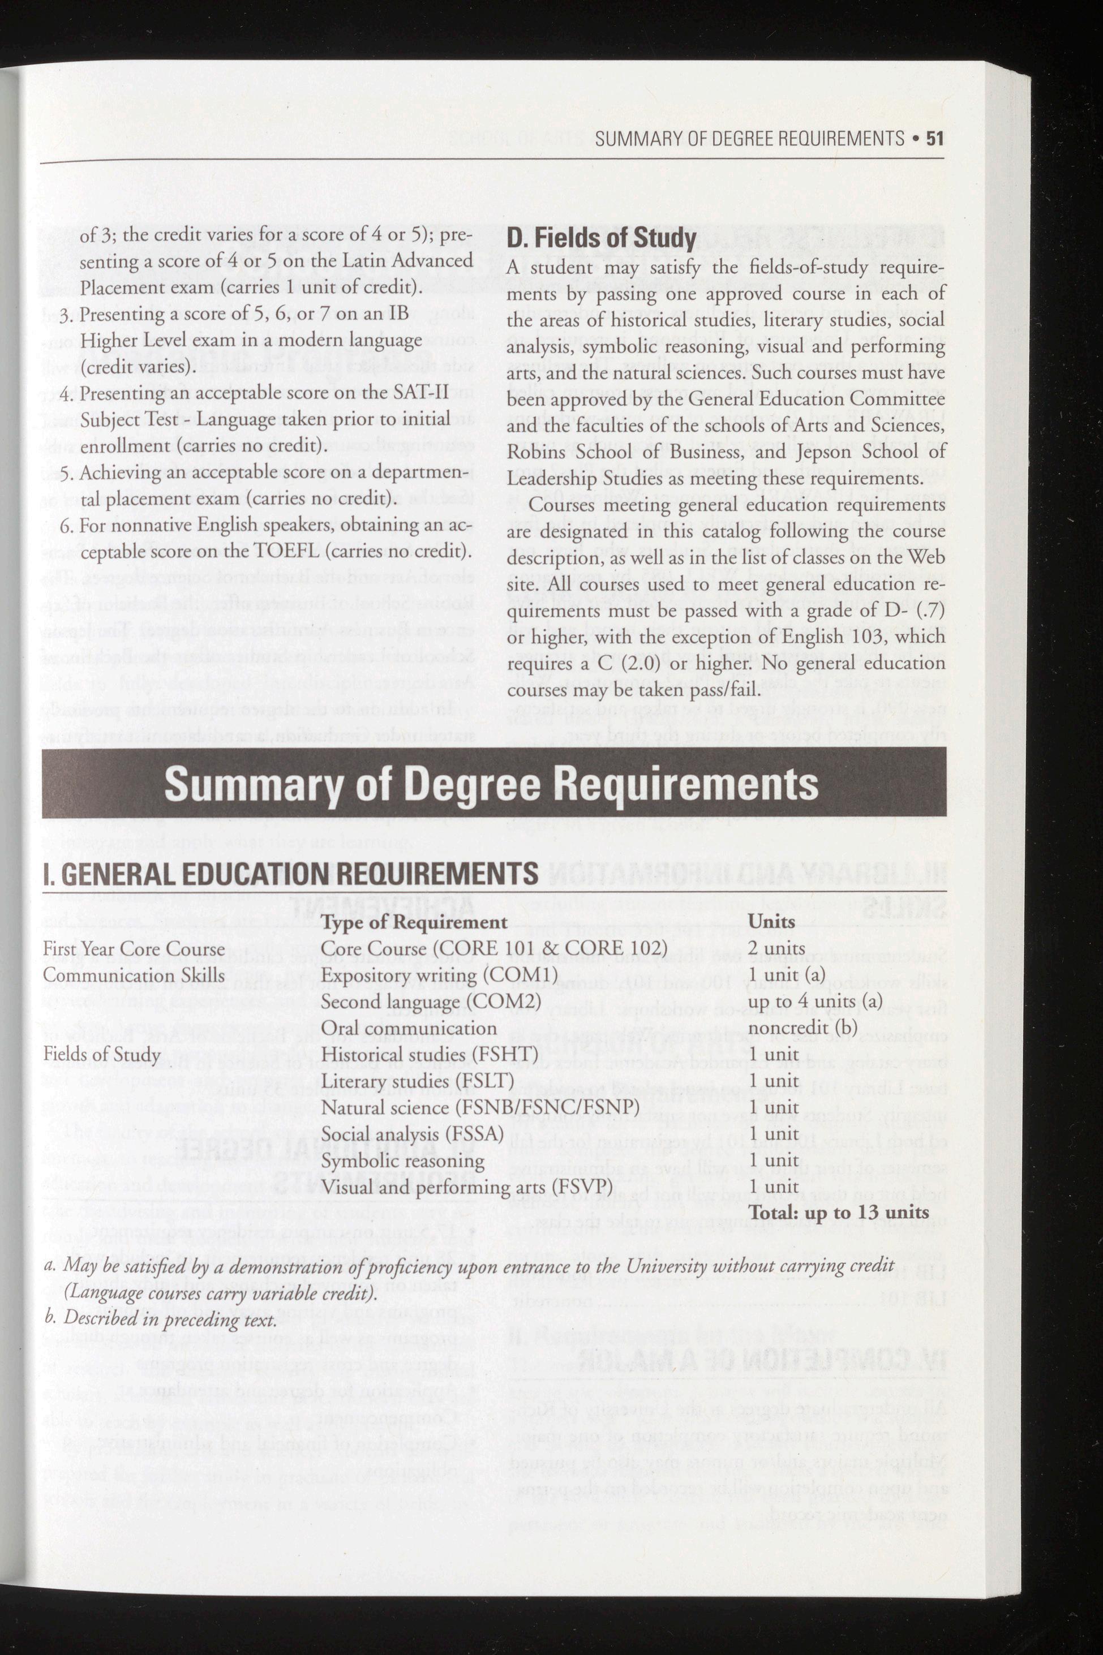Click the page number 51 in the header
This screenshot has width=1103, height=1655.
934,139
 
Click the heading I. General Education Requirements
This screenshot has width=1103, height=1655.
290,875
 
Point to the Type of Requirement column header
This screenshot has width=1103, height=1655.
414,922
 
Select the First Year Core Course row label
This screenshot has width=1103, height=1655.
134,949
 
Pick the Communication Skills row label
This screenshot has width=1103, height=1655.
134,975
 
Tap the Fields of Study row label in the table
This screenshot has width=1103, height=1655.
102,1054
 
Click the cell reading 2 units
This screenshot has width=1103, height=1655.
776,948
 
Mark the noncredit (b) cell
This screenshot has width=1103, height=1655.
802,1028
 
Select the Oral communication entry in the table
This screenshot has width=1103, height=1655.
409,1028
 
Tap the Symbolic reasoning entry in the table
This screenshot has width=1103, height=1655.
402,1160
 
